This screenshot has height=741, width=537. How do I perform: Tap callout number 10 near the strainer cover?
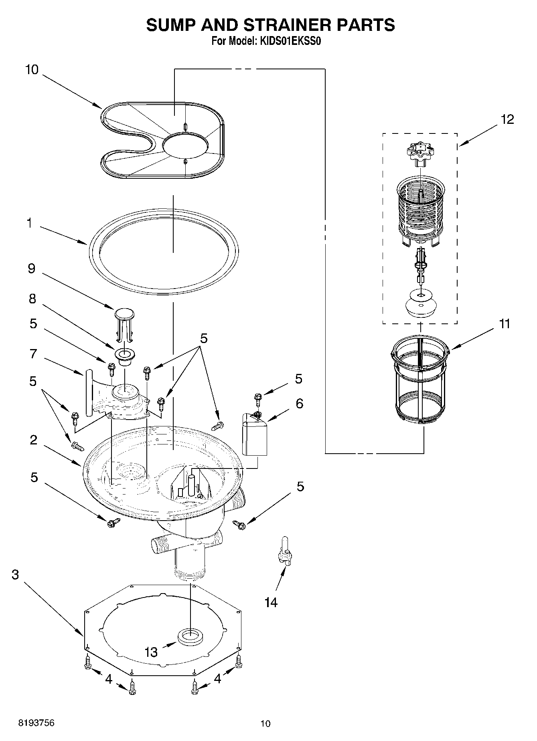pos(32,70)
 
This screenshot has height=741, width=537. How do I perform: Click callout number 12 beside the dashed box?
pos(507,119)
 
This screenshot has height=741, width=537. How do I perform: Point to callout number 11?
pos(505,323)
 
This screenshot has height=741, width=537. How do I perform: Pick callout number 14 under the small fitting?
pos(271,602)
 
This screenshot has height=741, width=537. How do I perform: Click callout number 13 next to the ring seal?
pos(151,652)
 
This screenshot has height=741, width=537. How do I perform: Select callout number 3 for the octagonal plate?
pos(15,575)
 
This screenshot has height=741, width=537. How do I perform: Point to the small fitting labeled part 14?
pos(286,552)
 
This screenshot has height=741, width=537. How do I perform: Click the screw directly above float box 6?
pos(257,399)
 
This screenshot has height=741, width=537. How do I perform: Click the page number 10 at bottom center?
pos(265,723)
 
